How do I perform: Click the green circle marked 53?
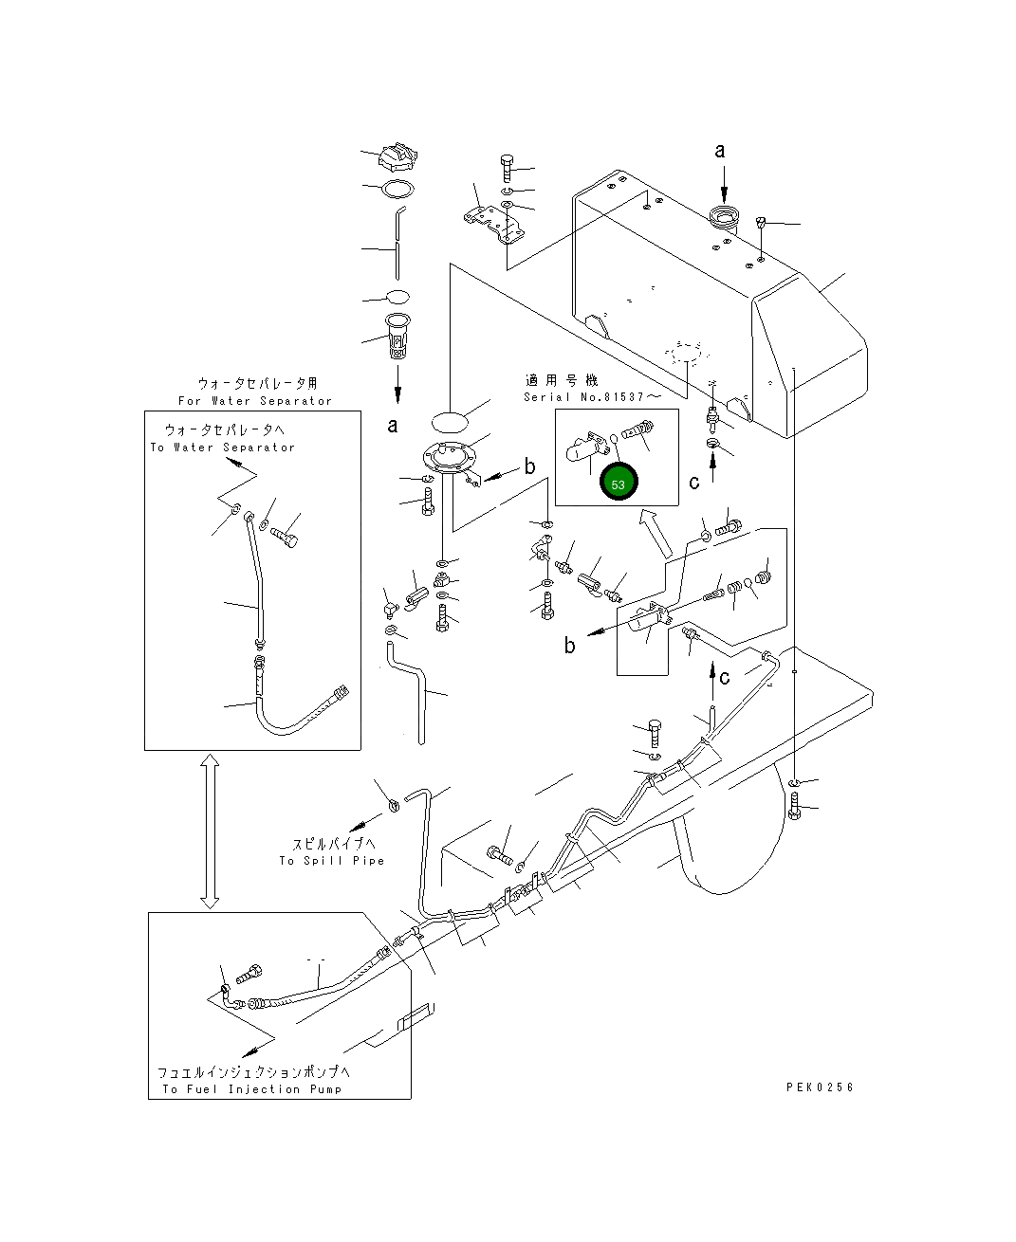point(619,483)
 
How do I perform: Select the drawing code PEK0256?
point(820,1087)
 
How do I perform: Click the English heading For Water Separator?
point(255,401)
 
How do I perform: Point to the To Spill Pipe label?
point(331,861)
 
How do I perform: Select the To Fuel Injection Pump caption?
point(251,1089)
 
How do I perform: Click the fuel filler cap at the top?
point(397,156)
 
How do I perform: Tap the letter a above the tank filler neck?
point(719,150)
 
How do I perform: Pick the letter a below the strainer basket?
point(393,426)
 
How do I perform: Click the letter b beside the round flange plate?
point(529,466)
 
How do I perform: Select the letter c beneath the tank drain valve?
point(694,482)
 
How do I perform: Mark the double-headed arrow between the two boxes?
point(210,831)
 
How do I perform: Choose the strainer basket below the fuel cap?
point(397,336)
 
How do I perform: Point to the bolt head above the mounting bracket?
point(506,163)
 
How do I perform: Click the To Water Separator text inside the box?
point(222,447)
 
